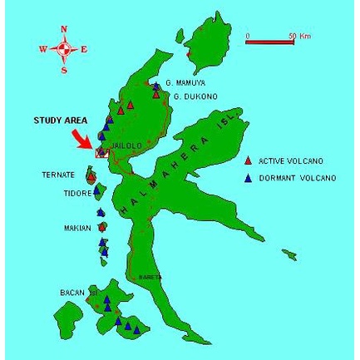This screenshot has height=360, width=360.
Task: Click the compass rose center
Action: pos(64,49)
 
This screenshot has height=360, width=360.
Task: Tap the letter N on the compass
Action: pos(64,29)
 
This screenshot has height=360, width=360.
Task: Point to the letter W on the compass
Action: pos(43,50)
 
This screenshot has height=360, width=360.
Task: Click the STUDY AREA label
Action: pos(60,121)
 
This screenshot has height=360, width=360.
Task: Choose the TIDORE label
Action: pos(76,192)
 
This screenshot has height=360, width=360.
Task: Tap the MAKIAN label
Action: pos(77,226)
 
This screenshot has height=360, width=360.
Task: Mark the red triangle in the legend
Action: pos(247,161)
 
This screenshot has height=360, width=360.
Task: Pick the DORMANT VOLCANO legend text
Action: pos(296,178)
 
